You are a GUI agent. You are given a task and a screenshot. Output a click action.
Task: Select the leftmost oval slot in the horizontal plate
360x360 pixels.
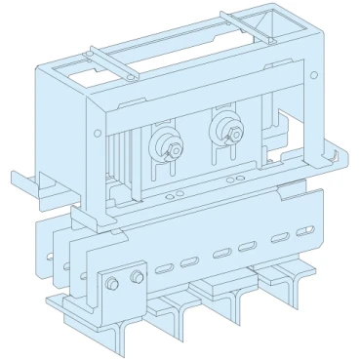[162, 266]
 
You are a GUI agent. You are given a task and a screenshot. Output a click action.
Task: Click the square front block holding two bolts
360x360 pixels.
[119, 293]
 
